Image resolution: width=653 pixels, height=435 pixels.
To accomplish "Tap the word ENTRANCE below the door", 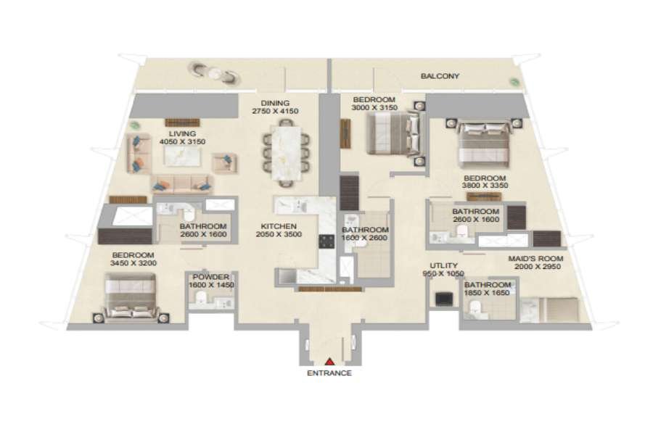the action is click(329, 373).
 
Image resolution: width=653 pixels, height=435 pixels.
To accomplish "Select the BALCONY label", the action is click(440, 76).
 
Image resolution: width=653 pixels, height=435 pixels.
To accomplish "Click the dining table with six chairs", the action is click(286, 152).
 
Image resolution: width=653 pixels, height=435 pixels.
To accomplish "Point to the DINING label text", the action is click(275, 103).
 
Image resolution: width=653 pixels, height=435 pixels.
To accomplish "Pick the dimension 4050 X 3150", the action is click(182, 141).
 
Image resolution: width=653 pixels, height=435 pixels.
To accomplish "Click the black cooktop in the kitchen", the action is click(326, 241).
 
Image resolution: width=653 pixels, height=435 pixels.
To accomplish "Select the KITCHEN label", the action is click(279, 226).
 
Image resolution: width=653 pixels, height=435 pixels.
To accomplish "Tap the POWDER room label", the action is click(210, 277).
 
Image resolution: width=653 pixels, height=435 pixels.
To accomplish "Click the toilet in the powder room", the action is click(200, 298).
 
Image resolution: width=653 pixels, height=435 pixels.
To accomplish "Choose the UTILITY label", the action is click(443, 265).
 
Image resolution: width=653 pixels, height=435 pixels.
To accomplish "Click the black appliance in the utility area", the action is click(444, 299).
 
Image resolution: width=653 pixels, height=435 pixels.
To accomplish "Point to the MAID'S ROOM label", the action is click(535, 259).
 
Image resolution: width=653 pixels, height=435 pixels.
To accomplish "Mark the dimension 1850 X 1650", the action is click(488, 293).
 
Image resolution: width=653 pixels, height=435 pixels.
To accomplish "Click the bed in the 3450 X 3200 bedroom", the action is click(131, 297).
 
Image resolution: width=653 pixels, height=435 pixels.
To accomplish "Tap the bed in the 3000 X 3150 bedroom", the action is click(394, 134).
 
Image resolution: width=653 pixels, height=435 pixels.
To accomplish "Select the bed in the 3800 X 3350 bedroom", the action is click(485, 144).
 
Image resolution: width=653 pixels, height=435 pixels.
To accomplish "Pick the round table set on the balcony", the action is click(215, 72).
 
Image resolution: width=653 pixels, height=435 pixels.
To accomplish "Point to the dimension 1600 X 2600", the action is click(364, 238).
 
